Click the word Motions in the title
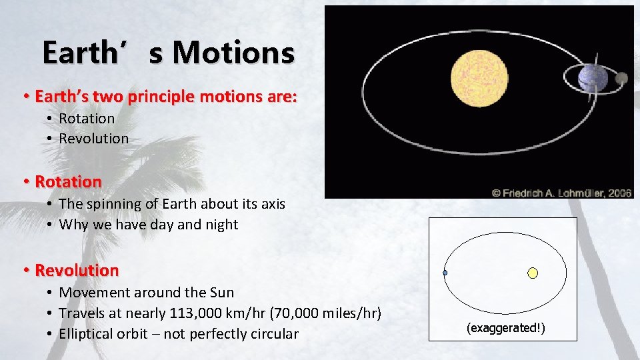click(232, 53)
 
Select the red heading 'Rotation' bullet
click(68, 181)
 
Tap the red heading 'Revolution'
click(77, 270)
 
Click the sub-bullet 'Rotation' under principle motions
click(87, 119)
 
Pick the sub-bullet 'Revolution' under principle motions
click(93, 139)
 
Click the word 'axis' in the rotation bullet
click(271, 204)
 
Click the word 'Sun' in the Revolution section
click(221, 292)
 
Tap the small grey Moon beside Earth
click(621, 78)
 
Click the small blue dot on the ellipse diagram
click(445, 273)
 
